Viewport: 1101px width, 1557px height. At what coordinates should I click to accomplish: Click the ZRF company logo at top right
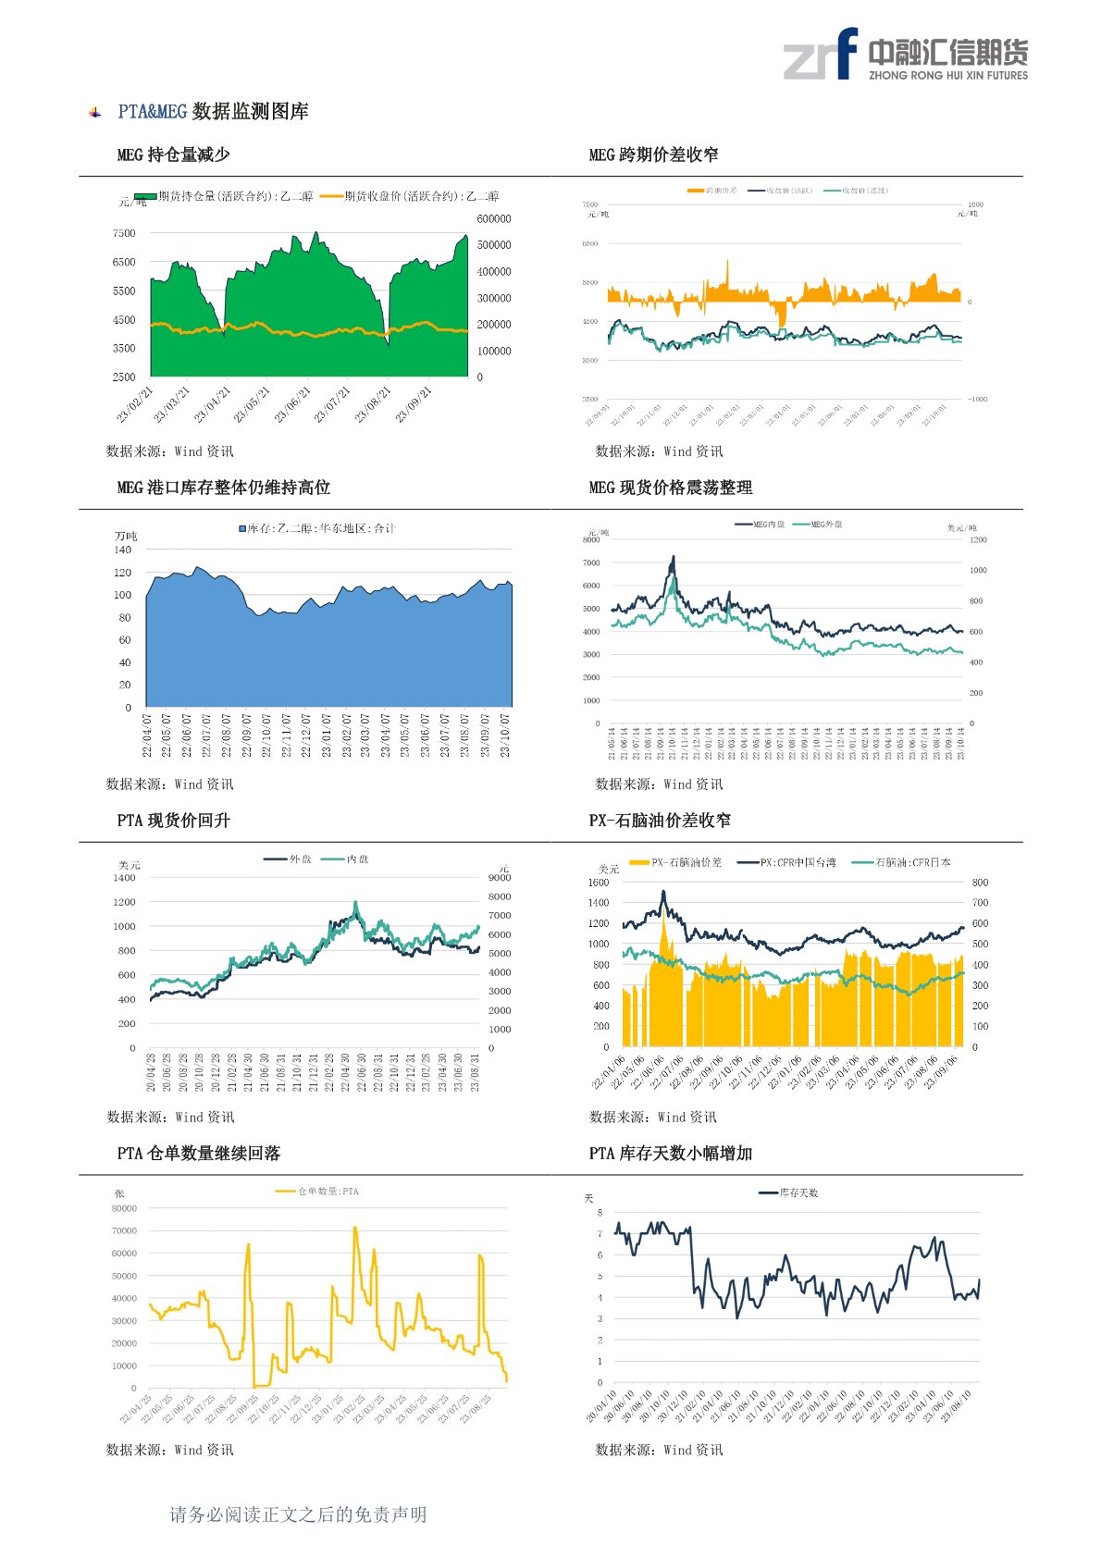point(905,55)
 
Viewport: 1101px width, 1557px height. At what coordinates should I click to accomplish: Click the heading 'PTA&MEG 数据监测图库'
point(213,112)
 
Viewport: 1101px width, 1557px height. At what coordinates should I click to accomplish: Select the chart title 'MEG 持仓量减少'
point(173,154)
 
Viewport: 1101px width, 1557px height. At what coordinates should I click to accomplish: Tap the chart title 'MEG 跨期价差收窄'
point(653,154)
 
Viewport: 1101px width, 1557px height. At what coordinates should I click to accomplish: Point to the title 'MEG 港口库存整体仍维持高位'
point(223,488)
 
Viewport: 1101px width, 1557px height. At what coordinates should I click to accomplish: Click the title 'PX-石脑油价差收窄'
point(660,821)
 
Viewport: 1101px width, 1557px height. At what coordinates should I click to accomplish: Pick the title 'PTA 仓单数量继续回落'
point(198,1154)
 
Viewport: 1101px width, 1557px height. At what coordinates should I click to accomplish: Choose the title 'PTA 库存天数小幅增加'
point(670,1154)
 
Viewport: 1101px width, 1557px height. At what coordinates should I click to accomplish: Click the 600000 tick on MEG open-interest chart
point(494,219)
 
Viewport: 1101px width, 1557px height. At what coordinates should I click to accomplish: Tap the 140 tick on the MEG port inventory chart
point(123,550)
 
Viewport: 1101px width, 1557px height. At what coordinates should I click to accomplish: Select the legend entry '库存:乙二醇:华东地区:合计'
point(317,528)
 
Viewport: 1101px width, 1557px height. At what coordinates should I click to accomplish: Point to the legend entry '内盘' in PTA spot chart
point(357,859)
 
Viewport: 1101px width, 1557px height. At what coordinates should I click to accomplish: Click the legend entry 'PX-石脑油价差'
point(685,862)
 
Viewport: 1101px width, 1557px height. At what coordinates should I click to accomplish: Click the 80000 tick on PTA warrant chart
point(124,1208)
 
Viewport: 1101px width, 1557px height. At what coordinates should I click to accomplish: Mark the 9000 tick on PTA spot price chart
point(499,878)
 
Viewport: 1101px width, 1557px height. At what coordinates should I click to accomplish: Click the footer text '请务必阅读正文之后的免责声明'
point(298,1514)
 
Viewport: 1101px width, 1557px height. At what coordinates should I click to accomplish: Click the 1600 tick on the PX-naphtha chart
point(599,883)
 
